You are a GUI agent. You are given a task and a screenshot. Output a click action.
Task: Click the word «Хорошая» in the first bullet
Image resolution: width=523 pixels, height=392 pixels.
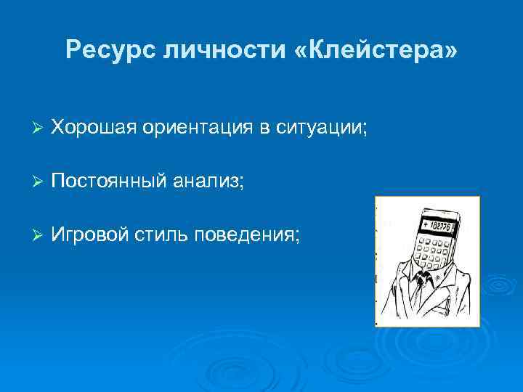click(93, 128)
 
